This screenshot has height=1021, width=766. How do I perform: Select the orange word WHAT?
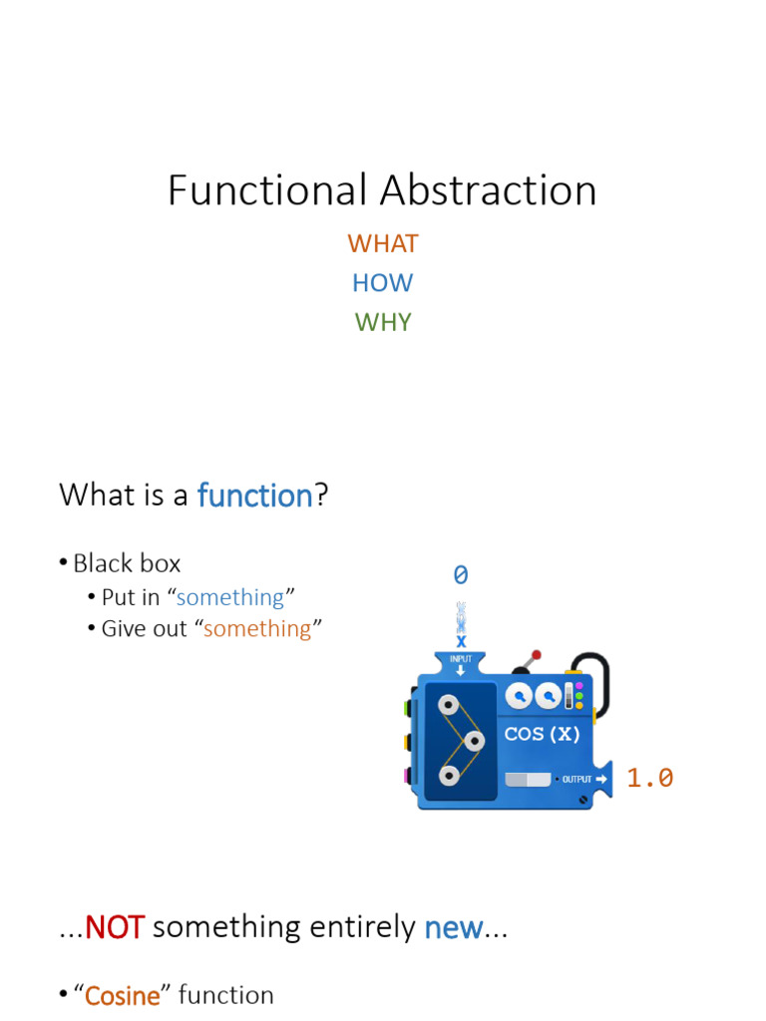tap(382, 243)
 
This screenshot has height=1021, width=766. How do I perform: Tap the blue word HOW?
tap(382, 283)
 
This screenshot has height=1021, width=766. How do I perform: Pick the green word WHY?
tap(382, 322)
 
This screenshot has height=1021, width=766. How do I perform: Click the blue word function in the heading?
tap(255, 495)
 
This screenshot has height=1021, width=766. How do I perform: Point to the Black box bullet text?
tap(127, 563)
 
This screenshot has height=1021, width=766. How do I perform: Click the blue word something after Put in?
tap(230, 597)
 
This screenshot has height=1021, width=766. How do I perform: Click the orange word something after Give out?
tap(257, 628)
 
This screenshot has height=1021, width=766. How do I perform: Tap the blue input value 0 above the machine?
tap(460, 575)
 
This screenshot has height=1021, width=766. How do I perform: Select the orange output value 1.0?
tap(649, 778)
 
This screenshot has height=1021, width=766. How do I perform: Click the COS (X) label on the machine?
tap(542, 735)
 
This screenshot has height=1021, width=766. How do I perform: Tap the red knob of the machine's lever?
tap(537, 656)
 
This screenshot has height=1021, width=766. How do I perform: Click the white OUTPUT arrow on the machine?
tap(600, 779)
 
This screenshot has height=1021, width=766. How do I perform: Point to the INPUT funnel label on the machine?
tap(460, 660)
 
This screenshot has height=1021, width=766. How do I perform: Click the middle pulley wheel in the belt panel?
tap(474, 741)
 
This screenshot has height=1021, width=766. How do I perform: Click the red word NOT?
tap(116, 927)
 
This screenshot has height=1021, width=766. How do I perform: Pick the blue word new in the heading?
tap(454, 927)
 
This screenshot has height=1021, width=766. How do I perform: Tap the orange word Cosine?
tap(123, 995)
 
